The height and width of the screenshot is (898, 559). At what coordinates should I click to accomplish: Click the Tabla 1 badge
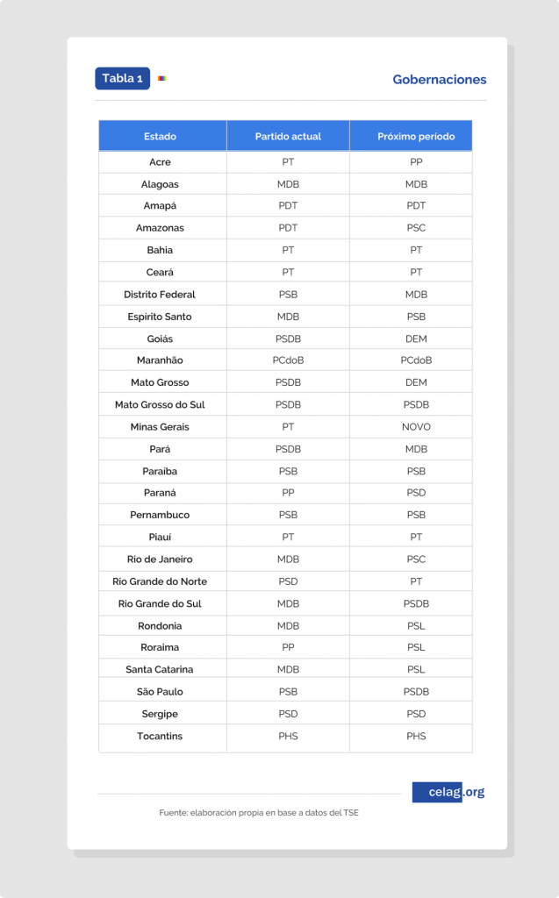click(x=122, y=78)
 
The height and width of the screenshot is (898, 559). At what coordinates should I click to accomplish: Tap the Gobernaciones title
click(x=439, y=80)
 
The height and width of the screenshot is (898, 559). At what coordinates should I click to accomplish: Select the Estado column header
click(x=160, y=136)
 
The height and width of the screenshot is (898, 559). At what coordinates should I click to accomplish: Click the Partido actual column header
click(x=288, y=136)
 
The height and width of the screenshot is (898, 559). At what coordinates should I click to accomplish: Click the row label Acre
click(x=160, y=162)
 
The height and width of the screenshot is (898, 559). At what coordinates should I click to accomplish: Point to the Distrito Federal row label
click(x=160, y=295)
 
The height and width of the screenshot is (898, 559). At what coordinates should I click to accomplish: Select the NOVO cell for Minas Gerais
click(x=416, y=427)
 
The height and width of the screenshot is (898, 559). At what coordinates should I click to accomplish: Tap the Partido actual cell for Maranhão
click(x=288, y=360)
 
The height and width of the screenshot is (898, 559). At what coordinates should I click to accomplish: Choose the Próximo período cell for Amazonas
click(x=416, y=228)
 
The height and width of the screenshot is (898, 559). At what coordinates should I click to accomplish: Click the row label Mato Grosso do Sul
click(x=160, y=405)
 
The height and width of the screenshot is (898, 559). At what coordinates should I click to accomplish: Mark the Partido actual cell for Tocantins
click(x=288, y=736)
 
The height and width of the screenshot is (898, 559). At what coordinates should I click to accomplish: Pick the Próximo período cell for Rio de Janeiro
click(x=416, y=559)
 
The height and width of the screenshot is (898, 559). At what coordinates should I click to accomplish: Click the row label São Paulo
click(x=160, y=692)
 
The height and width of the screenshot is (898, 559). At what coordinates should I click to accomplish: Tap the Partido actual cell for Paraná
click(x=288, y=493)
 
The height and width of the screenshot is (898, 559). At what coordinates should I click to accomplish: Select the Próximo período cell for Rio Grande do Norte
click(x=416, y=581)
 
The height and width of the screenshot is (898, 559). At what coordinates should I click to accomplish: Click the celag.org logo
click(x=448, y=792)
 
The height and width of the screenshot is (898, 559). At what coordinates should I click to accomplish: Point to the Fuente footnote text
click(x=259, y=813)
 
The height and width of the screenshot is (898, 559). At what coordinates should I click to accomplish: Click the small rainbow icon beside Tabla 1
click(x=162, y=78)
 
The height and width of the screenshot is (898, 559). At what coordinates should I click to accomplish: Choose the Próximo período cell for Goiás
click(x=416, y=339)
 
